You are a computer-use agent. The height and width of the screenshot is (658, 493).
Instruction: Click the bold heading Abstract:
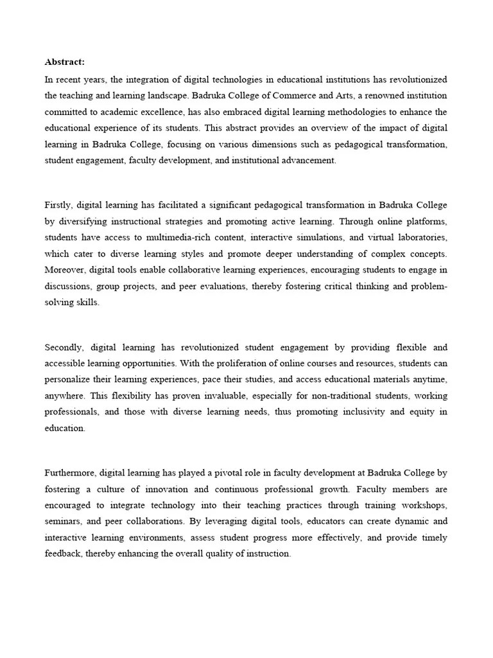click(65, 62)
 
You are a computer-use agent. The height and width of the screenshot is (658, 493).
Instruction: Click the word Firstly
click(58, 205)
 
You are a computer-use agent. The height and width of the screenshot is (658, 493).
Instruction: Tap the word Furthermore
click(70, 473)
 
